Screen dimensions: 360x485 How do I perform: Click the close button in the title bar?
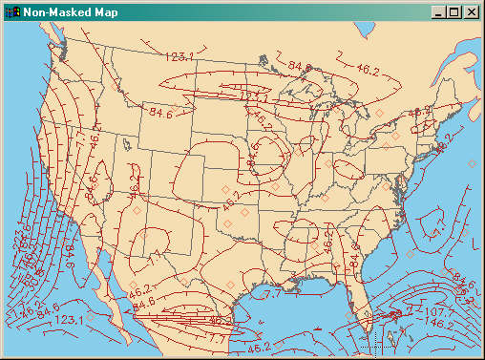[x=471, y=12]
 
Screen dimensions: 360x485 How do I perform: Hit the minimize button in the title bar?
[x=438, y=12]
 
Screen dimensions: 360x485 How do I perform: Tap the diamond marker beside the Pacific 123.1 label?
[x=91, y=316]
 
